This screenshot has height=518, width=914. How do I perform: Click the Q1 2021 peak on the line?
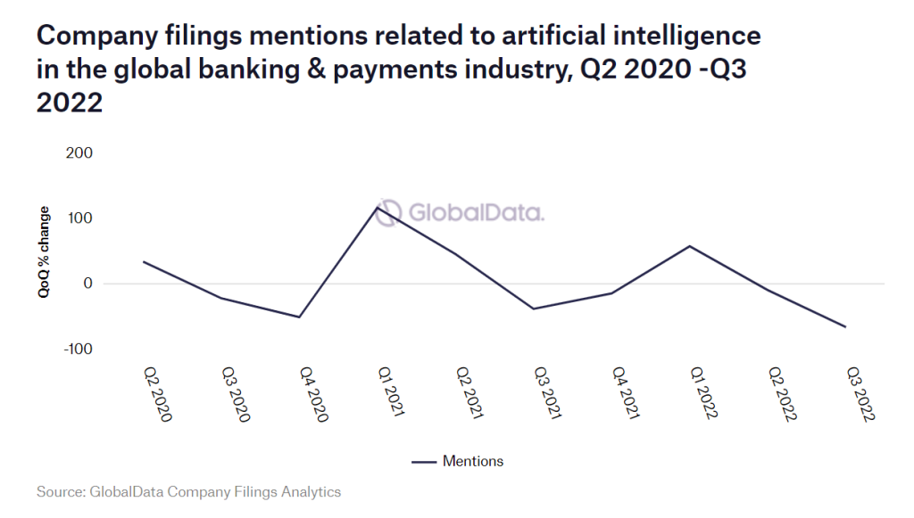click(378, 208)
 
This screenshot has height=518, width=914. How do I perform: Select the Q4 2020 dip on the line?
click(300, 317)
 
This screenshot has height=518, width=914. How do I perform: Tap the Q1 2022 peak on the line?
click(690, 245)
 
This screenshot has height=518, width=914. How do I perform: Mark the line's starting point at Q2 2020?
click(144, 261)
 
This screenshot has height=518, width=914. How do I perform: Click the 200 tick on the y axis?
click(79, 153)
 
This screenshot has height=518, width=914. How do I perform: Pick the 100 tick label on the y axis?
click(79, 218)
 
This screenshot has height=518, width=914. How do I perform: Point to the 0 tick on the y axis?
click(87, 284)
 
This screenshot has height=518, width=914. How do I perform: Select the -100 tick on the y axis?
click(78, 349)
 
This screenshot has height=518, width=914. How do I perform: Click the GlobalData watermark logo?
click(460, 213)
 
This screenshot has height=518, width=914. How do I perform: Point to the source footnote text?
click(188, 491)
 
